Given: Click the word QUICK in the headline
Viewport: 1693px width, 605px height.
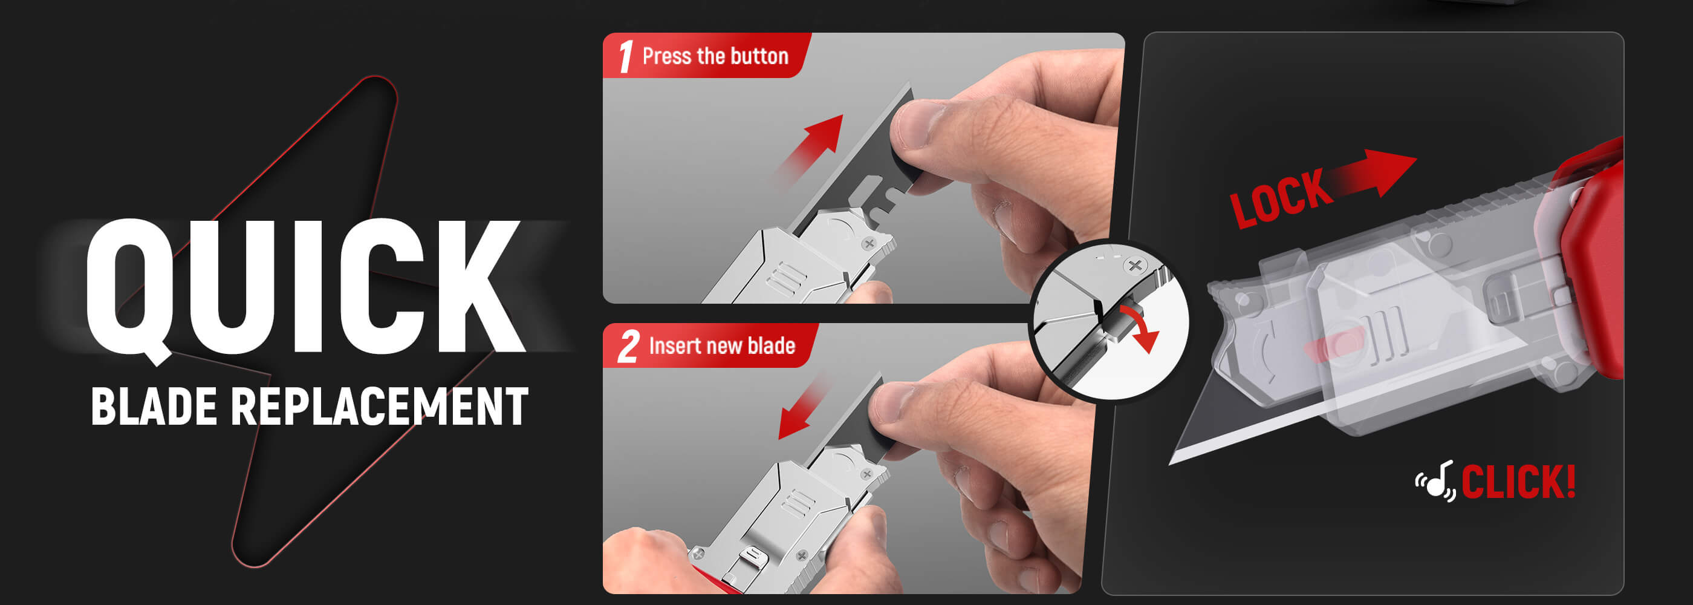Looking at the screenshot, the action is point(305,289).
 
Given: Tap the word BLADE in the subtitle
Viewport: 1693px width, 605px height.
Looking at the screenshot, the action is point(154,406).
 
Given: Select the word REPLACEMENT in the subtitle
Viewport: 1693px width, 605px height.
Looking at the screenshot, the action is point(380,406).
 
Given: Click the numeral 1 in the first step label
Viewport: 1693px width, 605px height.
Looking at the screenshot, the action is point(626,56).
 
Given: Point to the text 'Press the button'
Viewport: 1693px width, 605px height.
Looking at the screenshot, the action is point(715,56).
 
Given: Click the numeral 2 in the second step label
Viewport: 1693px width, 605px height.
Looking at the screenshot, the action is point(628,346).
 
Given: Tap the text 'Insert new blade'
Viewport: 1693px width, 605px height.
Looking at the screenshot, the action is point(721,346).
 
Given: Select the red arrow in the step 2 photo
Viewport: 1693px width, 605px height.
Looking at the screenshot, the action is point(803,407).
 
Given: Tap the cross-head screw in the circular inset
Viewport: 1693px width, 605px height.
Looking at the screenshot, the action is point(1134,266).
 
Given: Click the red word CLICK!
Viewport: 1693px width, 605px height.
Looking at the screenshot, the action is point(1518,482).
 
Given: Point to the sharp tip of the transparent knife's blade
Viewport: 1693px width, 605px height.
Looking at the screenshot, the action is point(1170,463).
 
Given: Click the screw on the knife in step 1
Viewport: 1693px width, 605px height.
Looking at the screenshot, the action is point(869,243).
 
